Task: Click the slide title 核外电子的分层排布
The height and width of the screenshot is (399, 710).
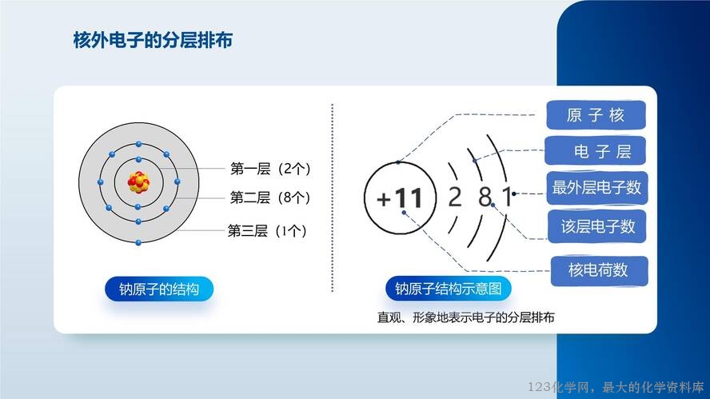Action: pyautogui.click(x=153, y=40)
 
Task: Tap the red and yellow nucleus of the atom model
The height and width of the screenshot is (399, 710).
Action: pyautogui.click(x=138, y=182)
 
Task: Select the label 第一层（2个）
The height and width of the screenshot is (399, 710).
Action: pyautogui.click(x=270, y=169)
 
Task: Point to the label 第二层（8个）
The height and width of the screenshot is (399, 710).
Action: pyautogui.click(x=270, y=198)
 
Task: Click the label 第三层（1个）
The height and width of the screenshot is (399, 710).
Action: pyautogui.click(x=267, y=231)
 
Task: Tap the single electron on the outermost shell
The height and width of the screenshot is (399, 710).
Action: pyautogui.click(x=138, y=243)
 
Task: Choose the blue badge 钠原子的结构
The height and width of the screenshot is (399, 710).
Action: pyautogui.click(x=159, y=289)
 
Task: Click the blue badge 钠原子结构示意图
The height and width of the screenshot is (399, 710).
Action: pyautogui.click(x=449, y=289)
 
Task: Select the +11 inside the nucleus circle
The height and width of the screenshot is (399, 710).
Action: pyautogui.click(x=400, y=198)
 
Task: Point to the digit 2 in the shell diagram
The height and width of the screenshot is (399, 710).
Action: pyautogui.click(x=455, y=197)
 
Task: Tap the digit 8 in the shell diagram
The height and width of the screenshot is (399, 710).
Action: pyautogui.click(x=485, y=197)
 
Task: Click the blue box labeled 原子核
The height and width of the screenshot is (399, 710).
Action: pyautogui.click(x=596, y=115)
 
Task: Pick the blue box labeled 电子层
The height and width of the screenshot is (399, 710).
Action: pyautogui.click(x=595, y=151)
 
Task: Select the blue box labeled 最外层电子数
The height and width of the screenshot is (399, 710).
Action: pyautogui.click(x=596, y=187)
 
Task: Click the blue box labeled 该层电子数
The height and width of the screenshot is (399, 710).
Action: pyautogui.click(x=596, y=226)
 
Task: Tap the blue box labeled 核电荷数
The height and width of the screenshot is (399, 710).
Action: pyautogui.click(x=599, y=270)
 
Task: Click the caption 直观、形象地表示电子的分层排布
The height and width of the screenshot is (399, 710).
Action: pyautogui.click(x=466, y=317)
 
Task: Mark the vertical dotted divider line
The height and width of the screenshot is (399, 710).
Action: pyautogui.click(x=333, y=198)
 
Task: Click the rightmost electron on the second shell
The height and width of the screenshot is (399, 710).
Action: pyautogui.click(x=177, y=182)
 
